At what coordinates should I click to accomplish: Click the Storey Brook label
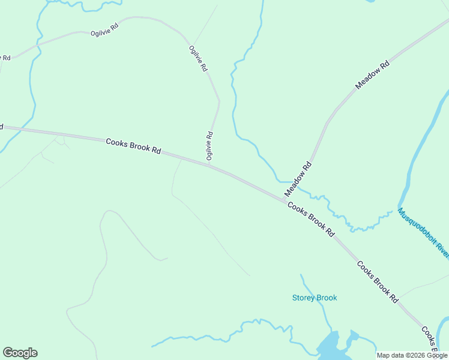tap(315, 298)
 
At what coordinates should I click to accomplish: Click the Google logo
tap(20, 353)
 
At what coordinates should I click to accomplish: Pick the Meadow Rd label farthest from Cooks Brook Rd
tap(373, 75)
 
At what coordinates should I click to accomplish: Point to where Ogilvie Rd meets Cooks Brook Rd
tap(208, 164)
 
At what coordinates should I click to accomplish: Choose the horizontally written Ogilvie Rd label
tap(104, 31)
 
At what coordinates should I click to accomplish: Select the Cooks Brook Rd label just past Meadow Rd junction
tap(310, 219)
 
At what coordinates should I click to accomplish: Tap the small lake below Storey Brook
tap(332, 347)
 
